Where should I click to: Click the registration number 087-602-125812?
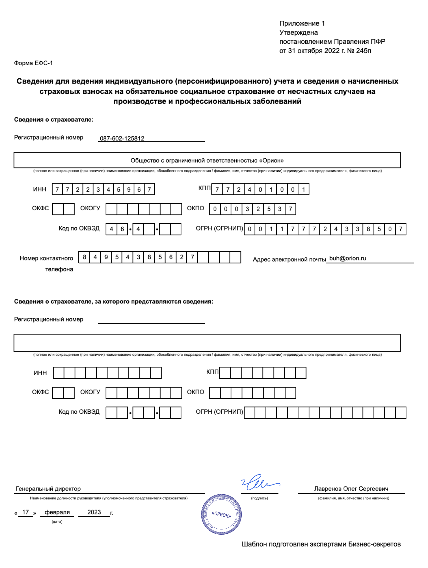122,138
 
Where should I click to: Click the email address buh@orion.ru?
347,258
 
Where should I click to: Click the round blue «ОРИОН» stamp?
222,514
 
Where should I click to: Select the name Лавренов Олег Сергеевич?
351,489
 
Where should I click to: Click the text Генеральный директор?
48,489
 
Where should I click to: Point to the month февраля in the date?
57,512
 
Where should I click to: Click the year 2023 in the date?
94,512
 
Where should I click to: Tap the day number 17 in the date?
25,512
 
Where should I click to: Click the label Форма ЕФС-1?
33,63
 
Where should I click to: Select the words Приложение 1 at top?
302,23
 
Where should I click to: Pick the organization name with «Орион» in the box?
207,161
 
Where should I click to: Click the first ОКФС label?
40,208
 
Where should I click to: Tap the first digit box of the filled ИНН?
57,190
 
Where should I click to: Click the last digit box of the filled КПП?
303,190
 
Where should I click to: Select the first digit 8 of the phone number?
84,257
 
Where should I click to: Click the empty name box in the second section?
207,343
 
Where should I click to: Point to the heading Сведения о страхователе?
53,120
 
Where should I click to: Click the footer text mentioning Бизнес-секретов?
321,544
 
